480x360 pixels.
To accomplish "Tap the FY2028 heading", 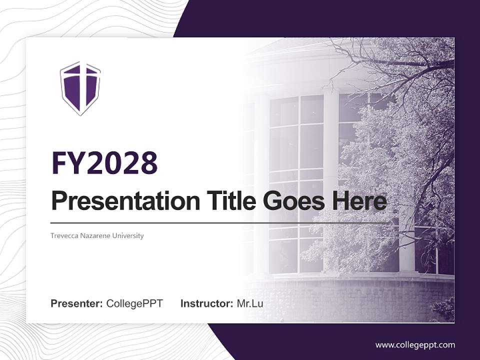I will click(104, 162).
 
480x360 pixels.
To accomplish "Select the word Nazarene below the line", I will click(94, 235).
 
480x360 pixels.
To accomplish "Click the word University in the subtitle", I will click(128, 235).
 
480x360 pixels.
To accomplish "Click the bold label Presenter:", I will click(77, 303).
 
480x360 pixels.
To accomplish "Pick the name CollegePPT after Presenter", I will click(134, 303).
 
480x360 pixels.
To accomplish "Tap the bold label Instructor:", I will click(206, 303).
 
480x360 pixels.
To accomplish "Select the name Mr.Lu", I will click(250, 303).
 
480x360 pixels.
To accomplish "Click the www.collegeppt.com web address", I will click(415, 345).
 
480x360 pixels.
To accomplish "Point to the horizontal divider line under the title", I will click(220, 222).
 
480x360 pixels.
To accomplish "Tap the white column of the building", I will click(330, 175).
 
